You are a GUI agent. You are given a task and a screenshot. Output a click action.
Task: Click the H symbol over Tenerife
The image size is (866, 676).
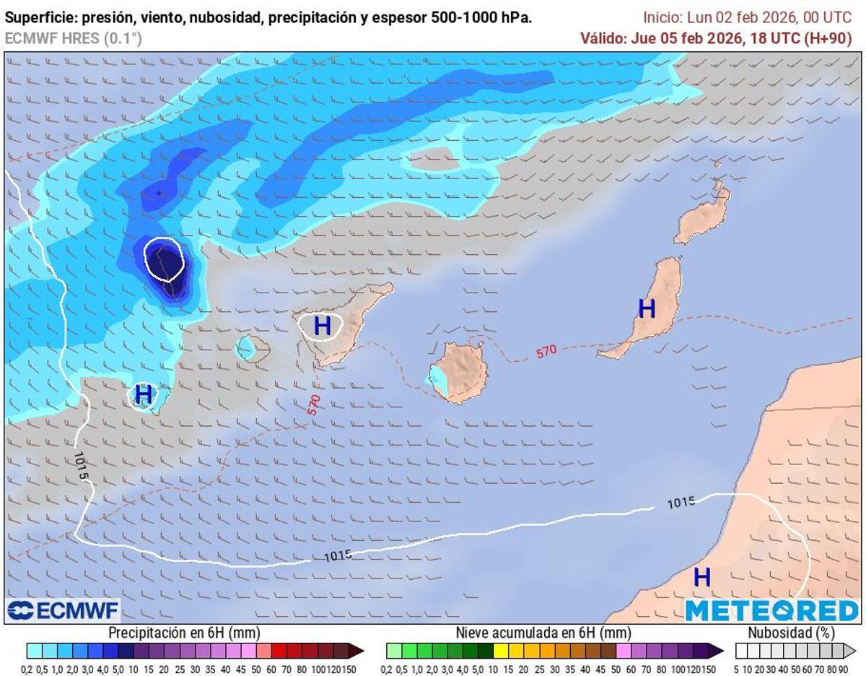(x=322, y=326)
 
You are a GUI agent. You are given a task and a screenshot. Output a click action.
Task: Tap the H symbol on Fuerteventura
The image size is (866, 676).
(x=647, y=308)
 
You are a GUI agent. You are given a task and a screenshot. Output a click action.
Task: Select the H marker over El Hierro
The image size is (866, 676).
(x=144, y=394)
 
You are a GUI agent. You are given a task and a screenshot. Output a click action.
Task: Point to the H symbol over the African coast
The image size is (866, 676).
(x=701, y=577)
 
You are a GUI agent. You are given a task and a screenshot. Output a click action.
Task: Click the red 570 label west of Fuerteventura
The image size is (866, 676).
(x=546, y=351)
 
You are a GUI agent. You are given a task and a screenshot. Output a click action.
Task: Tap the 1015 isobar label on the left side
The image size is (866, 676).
(x=80, y=467)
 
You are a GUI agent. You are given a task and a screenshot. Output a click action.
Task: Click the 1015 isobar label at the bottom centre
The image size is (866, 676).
(x=337, y=555)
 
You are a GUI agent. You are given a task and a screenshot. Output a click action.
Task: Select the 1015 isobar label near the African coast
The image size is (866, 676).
(x=681, y=503)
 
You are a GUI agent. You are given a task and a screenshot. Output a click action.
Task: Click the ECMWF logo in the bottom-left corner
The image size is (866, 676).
(x=63, y=611)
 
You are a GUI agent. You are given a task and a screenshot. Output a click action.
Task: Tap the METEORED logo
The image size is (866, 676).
(x=771, y=611)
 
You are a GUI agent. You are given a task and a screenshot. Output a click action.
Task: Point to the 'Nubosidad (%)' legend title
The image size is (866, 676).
(x=791, y=633)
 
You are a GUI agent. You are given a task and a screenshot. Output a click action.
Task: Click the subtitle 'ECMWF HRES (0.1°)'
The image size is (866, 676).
(x=74, y=39)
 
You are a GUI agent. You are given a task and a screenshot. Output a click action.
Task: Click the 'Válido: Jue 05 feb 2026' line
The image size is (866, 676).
(x=716, y=38)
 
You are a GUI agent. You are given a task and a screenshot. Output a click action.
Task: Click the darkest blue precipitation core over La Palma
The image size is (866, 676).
(x=165, y=260)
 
